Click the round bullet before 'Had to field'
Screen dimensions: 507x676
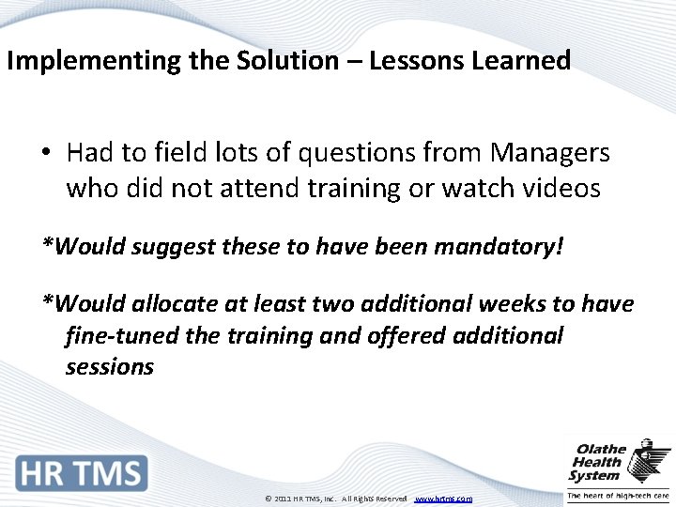click(47, 153)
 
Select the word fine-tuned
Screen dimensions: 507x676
click(121, 335)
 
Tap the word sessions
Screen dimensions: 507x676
click(109, 366)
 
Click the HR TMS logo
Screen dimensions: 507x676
click(82, 472)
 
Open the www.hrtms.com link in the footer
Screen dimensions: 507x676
click(443, 499)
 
